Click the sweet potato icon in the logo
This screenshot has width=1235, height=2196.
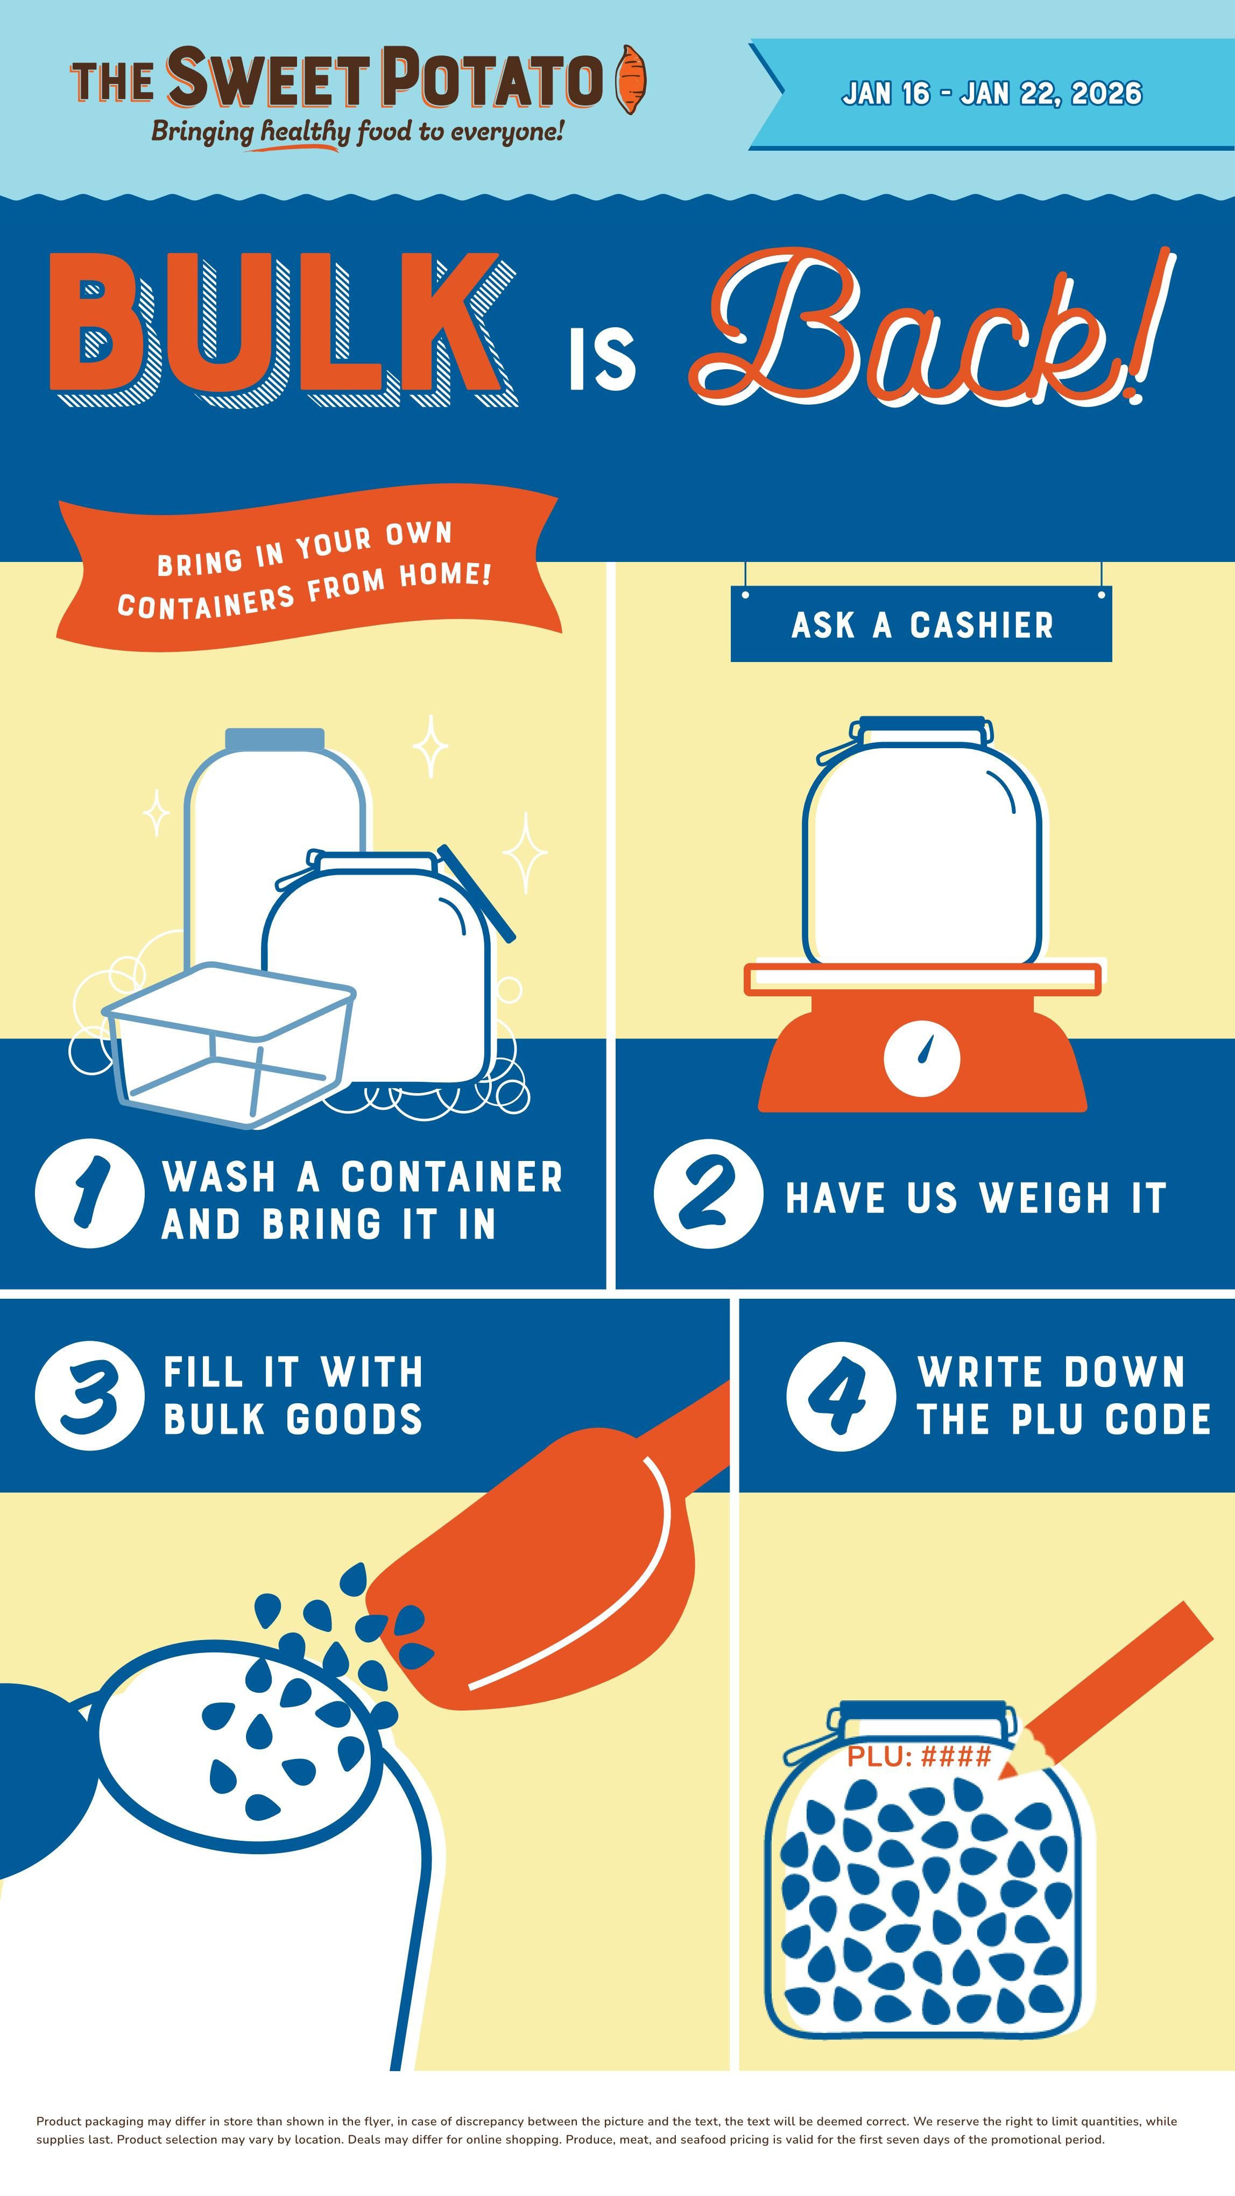pos(631,79)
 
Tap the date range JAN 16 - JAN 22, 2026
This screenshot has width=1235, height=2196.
pos(991,94)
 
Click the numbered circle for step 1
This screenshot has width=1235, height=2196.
pos(89,1193)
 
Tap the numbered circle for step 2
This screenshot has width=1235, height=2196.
pos(708,1193)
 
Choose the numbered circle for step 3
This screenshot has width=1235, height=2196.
pos(89,1396)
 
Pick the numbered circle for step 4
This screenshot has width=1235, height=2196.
pos(841,1396)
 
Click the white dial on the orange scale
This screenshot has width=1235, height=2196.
pos(922,1058)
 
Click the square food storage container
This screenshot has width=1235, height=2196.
pos(228,1044)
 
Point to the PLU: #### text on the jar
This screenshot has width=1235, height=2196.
pos(919,1755)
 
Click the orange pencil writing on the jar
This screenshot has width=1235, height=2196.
pos(1105,1691)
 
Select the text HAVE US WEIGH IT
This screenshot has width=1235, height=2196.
pos(976,1198)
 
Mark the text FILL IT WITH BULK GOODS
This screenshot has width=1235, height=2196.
pos(293,1396)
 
